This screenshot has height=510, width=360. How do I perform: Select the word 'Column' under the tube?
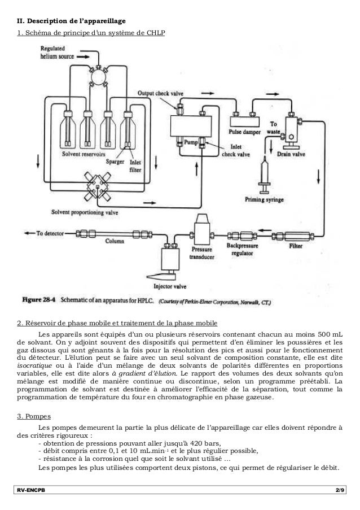point(114,241)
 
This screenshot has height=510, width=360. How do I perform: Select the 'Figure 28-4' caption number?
point(37,302)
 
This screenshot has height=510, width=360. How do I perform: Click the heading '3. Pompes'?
point(34,417)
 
